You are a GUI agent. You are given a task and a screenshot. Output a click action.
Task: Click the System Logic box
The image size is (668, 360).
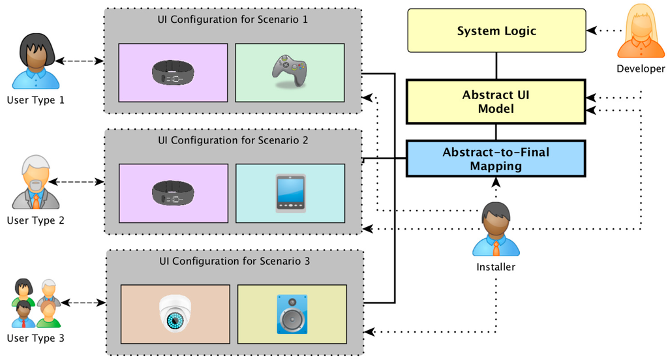click(496, 31)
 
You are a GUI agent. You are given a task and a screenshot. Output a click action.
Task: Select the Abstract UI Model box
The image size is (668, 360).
click(496, 101)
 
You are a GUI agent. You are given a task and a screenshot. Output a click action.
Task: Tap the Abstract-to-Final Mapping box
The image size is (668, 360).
click(496, 158)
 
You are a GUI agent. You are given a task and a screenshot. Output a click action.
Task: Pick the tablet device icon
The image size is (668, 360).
click(290, 193)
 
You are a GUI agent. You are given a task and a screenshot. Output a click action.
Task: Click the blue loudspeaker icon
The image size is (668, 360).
click(292, 314)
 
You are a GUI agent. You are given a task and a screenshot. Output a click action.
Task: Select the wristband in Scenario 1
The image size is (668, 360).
click(173, 72)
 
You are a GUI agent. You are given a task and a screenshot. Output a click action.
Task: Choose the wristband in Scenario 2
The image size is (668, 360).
click(173, 193)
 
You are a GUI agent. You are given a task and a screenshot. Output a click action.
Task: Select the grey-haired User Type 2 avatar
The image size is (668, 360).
click(36, 182)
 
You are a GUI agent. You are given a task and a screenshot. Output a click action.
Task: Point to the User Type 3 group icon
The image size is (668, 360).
click(36, 303)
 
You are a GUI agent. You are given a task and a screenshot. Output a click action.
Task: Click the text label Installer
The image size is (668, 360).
click(496, 266)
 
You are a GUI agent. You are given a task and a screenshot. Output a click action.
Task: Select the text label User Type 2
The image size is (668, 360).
click(36, 220)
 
